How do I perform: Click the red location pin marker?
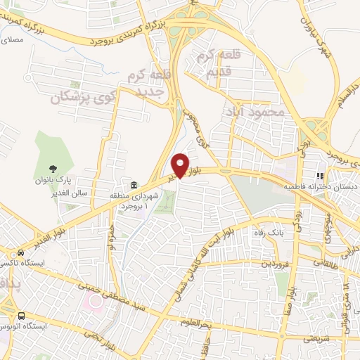point(181,165)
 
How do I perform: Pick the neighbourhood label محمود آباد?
point(254,111)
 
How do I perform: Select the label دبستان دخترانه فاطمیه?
point(321,188)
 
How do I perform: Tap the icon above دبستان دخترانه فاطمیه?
point(320,176)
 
